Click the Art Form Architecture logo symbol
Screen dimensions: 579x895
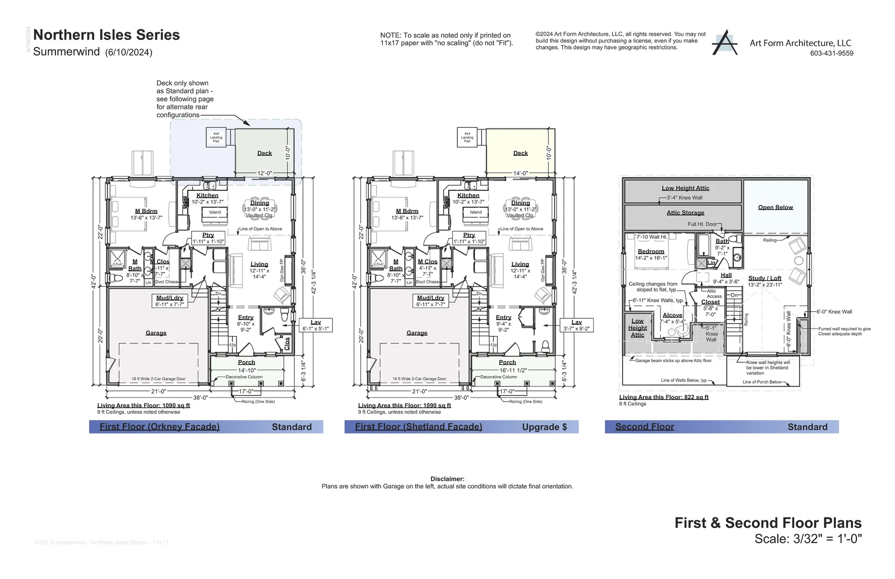(x=724, y=43)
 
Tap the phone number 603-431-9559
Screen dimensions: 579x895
(x=832, y=53)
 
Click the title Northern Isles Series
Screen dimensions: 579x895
(x=106, y=35)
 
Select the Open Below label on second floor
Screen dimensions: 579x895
(x=775, y=207)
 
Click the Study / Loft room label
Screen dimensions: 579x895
(x=764, y=278)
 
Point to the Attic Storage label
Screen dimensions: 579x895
(x=685, y=213)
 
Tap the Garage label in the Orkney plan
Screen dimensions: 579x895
(x=156, y=333)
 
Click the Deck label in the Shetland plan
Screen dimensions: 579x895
(x=520, y=153)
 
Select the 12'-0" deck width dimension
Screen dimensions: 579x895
(x=264, y=173)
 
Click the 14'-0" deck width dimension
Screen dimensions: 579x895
(x=520, y=173)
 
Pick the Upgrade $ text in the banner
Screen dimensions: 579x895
(x=544, y=427)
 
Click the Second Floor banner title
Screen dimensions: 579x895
(x=644, y=427)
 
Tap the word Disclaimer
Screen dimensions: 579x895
(x=447, y=479)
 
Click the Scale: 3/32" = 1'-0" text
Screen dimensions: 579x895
(x=808, y=539)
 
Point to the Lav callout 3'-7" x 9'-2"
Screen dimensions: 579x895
(x=577, y=325)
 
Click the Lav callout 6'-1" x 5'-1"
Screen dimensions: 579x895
(x=316, y=325)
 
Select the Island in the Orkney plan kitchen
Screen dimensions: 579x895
(x=215, y=212)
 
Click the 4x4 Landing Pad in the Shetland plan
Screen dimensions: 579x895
(x=467, y=137)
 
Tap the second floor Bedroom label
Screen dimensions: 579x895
(x=651, y=251)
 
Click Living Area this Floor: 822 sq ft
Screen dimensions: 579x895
(x=663, y=397)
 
